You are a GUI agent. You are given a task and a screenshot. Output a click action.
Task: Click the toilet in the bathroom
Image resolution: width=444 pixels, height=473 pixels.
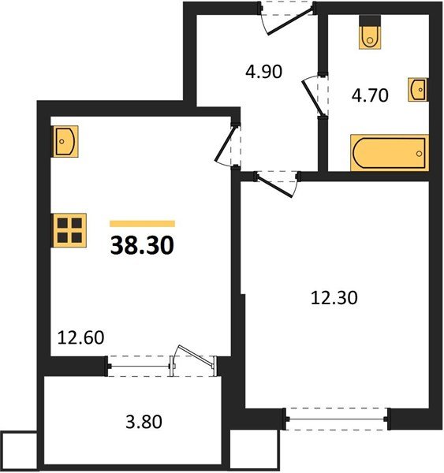pos(370,37)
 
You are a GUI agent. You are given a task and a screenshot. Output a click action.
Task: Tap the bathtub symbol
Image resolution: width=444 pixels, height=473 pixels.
pos(390,153)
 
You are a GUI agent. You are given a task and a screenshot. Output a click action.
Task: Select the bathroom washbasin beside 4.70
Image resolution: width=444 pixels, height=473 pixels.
pos(418,90)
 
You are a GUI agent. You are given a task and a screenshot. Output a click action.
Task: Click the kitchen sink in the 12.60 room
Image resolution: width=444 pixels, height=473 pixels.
pos(65,141)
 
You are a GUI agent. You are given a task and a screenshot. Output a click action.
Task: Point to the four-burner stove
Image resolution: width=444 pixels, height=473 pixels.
pos(69,230)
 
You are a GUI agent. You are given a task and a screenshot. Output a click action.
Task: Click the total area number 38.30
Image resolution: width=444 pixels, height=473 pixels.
pos(142,245)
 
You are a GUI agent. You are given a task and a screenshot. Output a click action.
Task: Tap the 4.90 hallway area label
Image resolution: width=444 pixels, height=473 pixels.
pos(264,72)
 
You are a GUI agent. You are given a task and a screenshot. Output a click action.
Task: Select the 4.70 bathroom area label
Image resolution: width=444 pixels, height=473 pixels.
pos(370,95)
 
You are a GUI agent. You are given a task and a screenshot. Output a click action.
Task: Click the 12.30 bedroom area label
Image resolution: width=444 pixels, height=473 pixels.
pos(334,298)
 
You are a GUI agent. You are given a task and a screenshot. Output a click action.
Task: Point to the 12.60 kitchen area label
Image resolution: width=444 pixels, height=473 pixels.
pos(81,337)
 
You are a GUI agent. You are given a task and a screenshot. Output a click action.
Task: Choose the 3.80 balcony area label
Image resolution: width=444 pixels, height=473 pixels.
pos(144,422)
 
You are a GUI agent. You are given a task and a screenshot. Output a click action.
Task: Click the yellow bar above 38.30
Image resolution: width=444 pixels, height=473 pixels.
pos(143,224)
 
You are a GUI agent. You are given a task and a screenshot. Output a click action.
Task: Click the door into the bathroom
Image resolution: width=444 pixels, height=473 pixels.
pos(313,95)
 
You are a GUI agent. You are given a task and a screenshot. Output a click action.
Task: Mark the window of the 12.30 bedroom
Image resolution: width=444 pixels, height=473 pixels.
pos(337,419)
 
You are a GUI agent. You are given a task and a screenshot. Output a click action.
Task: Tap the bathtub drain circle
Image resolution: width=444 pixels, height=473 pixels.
pos(419,154)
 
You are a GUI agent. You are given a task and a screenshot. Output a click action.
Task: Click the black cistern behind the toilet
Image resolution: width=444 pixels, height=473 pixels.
pos(370,20)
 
